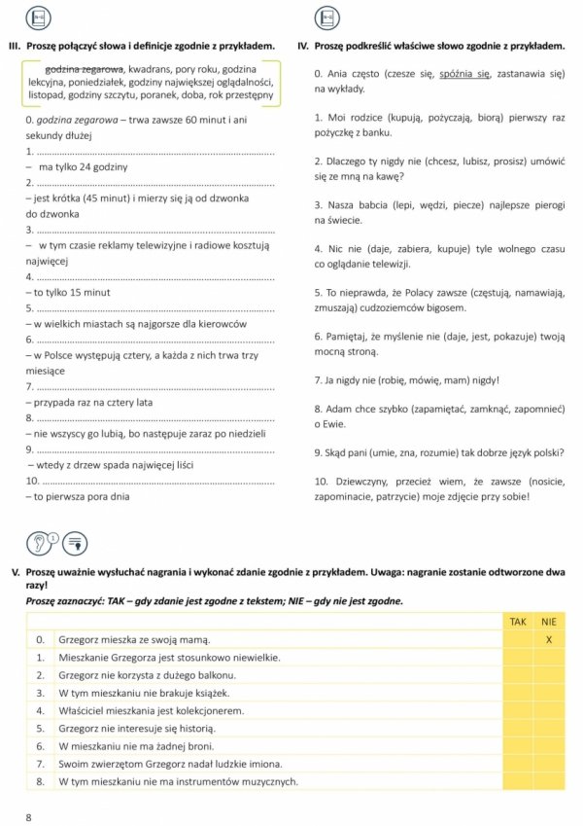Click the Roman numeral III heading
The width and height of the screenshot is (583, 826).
[x=14, y=46]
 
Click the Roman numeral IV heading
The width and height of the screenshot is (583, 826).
[x=303, y=46]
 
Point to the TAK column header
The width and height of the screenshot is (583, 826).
[x=518, y=621]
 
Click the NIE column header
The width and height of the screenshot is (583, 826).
[x=549, y=621]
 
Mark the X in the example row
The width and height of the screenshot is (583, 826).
[x=549, y=639]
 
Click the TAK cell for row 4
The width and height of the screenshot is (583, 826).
[x=518, y=710]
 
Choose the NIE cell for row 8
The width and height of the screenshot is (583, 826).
[x=549, y=781]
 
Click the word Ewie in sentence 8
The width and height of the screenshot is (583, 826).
[x=339, y=423]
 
